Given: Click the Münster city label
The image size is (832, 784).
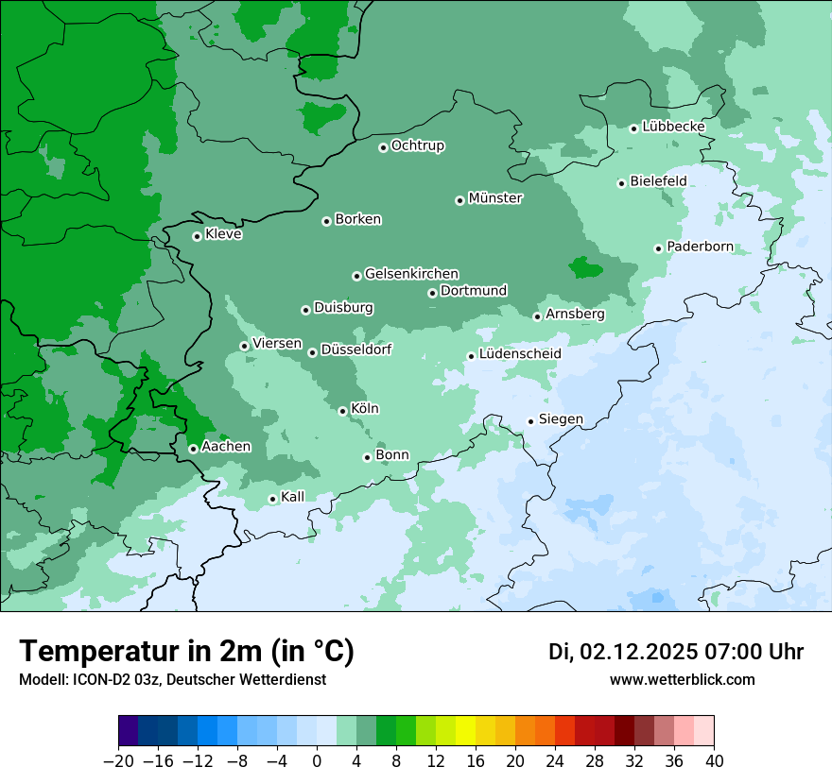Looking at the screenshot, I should [x=494, y=198].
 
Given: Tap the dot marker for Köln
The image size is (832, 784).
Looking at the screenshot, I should [x=342, y=411].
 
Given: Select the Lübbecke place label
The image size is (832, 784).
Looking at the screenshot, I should [x=673, y=127].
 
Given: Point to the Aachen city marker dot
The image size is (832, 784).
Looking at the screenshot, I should [x=193, y=449].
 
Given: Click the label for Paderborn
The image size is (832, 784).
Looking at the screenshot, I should [x=700, y=247].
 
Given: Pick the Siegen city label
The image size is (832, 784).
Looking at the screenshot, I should [x=561, y=419].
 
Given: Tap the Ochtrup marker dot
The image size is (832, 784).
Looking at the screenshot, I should [x=383, y=147].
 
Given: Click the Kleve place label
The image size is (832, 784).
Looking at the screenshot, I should [x=223, y=234].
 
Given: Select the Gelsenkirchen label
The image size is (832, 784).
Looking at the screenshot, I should [x=411, y=274].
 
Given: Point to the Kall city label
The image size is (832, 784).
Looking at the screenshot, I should [x=293, y=497].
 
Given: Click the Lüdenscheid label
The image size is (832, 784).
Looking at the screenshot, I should [x=520, y=354].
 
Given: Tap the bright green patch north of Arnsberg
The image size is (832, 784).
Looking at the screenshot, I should [x=584, y=268].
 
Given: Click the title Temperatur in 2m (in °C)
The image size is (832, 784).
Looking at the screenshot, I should [x=186, y=652].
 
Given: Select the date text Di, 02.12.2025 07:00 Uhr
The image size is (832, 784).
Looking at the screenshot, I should [x=676, y=652].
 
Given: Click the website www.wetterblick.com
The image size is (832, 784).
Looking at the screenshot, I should [x=682, y=679].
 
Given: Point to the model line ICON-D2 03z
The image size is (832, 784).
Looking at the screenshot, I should [x=172, y=679].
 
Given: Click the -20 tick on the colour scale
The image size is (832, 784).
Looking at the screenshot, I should [x=119, y=761].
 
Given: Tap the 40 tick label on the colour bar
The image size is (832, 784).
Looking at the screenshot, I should [x=714, y=761].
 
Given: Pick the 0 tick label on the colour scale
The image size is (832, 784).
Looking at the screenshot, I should [x=317, y=761].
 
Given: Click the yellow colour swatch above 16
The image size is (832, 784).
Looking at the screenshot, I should [x=465, y=731].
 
